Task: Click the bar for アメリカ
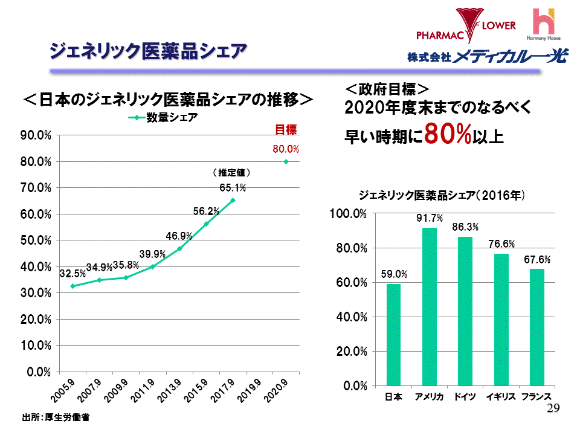429,306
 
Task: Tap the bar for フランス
536,327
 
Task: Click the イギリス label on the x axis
501,396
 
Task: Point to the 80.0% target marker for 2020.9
286,162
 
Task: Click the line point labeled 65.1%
233,201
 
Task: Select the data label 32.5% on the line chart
72,274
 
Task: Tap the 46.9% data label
179,236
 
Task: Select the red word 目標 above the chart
286,130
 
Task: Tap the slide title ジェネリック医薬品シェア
147,51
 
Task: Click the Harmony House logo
545,24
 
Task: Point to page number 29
553,409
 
